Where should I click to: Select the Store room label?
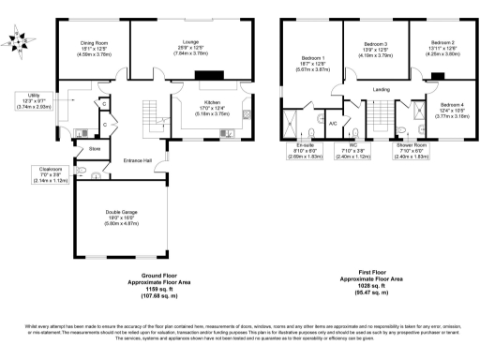94,148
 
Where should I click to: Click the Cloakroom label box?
43,173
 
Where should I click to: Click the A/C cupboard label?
333,122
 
